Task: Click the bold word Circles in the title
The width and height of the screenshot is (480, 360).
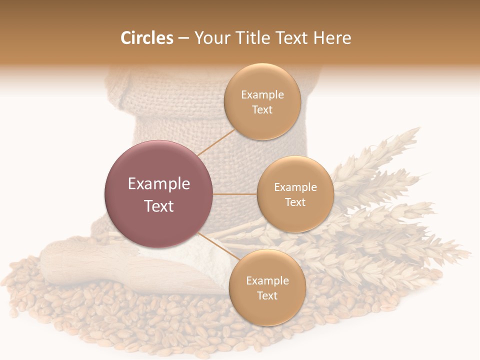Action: [x=147, y=38]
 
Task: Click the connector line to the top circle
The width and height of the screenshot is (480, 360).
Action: [x=216, y=142]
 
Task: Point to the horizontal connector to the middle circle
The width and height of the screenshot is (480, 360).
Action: [x=235, y=194]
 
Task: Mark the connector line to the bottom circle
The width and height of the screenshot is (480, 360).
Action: [x=219, y=246]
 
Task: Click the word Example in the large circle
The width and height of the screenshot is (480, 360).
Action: [x=159, y=184]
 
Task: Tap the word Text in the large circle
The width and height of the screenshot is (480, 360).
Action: [x=159, y=206]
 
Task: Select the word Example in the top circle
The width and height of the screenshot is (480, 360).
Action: [x=262, y=95]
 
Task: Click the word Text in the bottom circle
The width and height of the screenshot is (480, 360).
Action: [x=267, y=296]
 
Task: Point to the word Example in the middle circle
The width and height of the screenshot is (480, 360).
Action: [x=295, y=187]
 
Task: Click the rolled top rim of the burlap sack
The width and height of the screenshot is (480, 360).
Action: [x=165, y=82]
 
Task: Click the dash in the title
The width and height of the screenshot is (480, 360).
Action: [x=183, y=38]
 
